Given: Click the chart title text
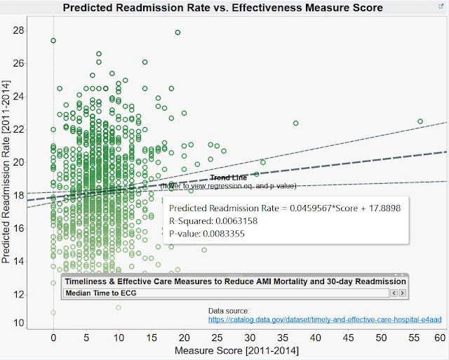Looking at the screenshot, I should coord(223,8).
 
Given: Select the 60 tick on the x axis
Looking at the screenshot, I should coord(440,336).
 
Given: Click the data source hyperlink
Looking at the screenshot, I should coord(325,319).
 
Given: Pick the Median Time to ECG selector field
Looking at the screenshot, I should coord(224,293).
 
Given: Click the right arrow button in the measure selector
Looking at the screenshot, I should coord(402,293).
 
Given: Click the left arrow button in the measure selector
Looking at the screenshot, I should coord(394,293).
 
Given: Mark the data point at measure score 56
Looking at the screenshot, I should coord(420,121).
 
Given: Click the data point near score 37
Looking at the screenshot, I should coord(295,124).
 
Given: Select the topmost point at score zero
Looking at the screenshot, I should coord(53,41).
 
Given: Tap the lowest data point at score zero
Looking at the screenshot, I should coord(53,312).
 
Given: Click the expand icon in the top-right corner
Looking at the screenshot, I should coord(440,6).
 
